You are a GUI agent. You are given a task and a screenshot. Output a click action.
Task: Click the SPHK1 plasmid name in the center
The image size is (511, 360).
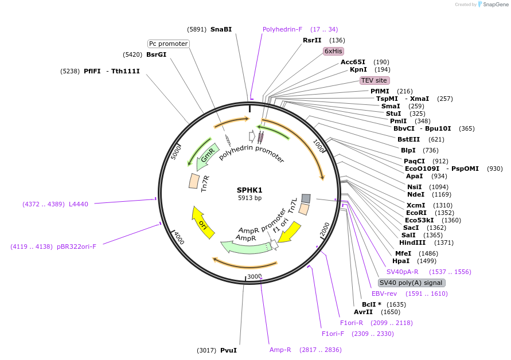(249, 190)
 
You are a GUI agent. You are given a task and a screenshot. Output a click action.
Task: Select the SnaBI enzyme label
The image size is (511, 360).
(221, 29)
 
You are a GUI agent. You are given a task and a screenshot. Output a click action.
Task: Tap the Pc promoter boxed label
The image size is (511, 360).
(168, 44)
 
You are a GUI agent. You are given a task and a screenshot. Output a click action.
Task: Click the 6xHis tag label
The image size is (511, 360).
(333, 51)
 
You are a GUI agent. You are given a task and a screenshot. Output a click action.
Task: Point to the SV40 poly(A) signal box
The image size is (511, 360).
(411, 283)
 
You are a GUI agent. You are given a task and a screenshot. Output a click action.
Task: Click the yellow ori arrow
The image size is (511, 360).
(202, 222)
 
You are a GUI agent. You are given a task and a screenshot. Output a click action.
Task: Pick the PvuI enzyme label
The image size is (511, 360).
(228, 350)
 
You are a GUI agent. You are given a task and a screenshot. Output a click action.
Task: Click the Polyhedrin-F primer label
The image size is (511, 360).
(284, 29)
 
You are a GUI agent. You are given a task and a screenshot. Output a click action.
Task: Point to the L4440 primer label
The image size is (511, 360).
(79, 204)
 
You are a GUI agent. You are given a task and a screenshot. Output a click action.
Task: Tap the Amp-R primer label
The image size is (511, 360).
(280, 350)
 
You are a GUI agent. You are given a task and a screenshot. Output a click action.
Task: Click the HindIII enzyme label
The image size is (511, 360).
(412, 242)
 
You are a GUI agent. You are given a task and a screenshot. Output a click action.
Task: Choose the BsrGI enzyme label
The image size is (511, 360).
(156, 55)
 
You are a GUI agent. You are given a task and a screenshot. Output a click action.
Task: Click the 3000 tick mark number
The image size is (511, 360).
(254, 276)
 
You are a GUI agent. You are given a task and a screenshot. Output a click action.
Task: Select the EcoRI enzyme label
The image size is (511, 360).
(417, 213)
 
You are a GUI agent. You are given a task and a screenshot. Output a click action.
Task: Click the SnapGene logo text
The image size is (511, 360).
(494, 5)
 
